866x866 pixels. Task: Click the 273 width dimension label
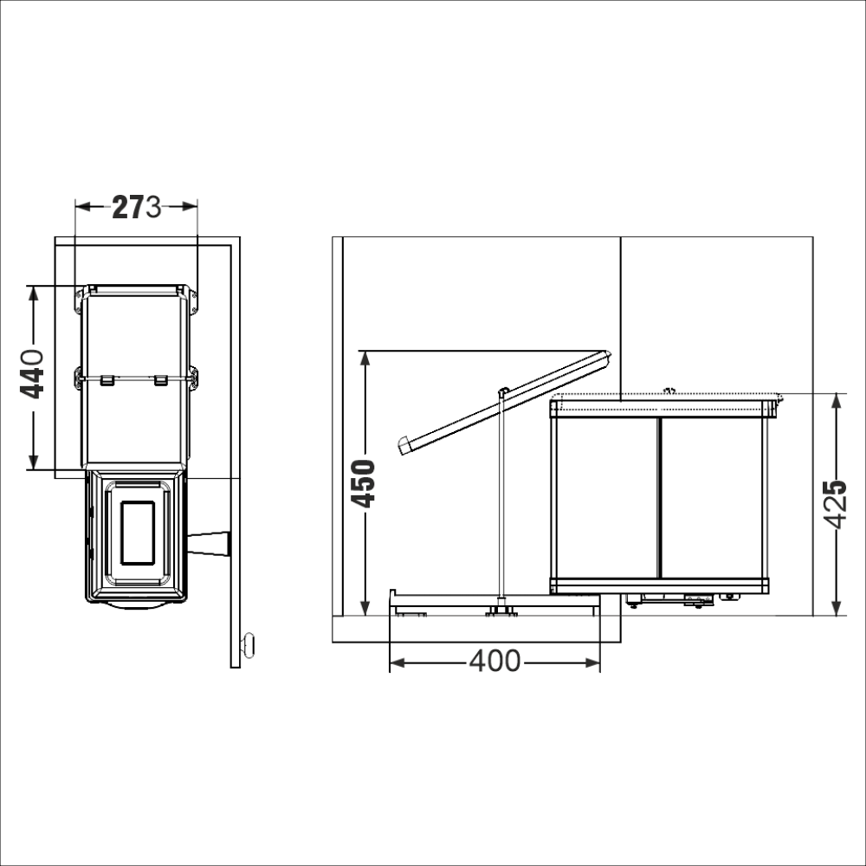137,207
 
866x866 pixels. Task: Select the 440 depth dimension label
32,373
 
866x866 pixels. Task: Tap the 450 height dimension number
364,483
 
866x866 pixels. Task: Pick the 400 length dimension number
494,661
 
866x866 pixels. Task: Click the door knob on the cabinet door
249,644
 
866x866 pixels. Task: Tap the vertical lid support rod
502,497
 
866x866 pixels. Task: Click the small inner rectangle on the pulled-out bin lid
138,533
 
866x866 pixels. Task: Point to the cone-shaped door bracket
209,544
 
